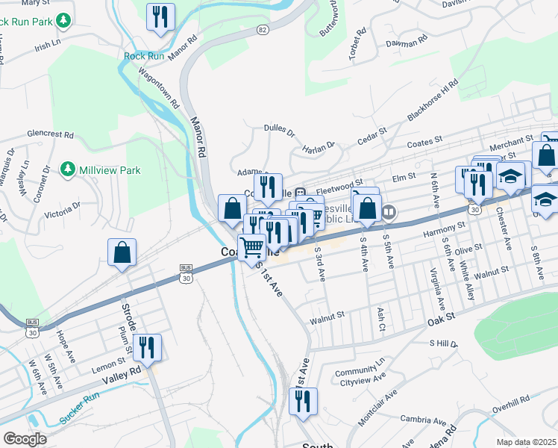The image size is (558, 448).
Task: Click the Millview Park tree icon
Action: (69, 170)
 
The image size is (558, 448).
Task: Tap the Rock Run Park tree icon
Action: (65, 20)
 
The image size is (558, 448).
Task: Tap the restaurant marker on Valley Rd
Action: (146, 347)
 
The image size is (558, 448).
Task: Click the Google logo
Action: (25, 439)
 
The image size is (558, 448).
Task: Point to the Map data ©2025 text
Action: (526, 442)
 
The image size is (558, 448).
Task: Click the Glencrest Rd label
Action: (50, 135)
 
